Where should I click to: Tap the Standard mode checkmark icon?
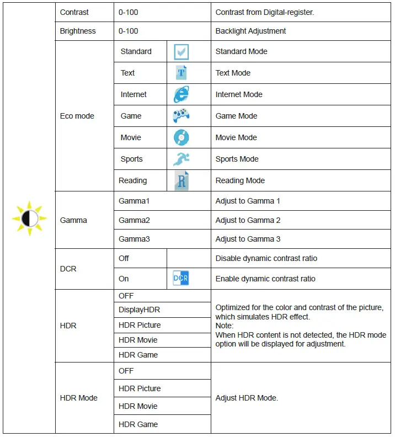pyautogui.click(x=181, y=52)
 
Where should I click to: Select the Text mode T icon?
pyautogui.click(x=181, y=73)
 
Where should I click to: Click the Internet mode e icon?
pyautogui.click(x=181, y=94)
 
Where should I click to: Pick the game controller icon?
pyautogui.click(x=181, y=116)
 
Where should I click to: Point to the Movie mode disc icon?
pyautogui.click(x=181, y=137)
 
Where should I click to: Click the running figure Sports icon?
pyautogui.click(x=181, y=159)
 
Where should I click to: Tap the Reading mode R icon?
pyautogui.click(x=181, y=180)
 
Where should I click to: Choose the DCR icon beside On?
pyautogui.click(x=181, y=279)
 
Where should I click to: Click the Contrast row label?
pyautogui.click(x=74, y=12)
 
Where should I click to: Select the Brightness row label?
pyautogui.click(x=78, y=31)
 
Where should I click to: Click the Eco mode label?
pyautogui.click(x=77, y=116)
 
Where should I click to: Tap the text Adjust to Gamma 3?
pyautogui.click(x=248, y=239)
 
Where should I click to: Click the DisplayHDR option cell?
pyautogui.click(x=139, y=310)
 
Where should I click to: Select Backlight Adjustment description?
pyautogui.click(x=250, y=31)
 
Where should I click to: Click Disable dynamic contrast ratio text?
pyautogui.click(x=266, y=258)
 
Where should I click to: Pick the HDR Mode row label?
pyautogui.click(x=78, y=398)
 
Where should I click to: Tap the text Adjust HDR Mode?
pyautogui.click(x=246, y=398)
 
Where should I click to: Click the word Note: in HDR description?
pyautogui.click(x=225, y=326)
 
